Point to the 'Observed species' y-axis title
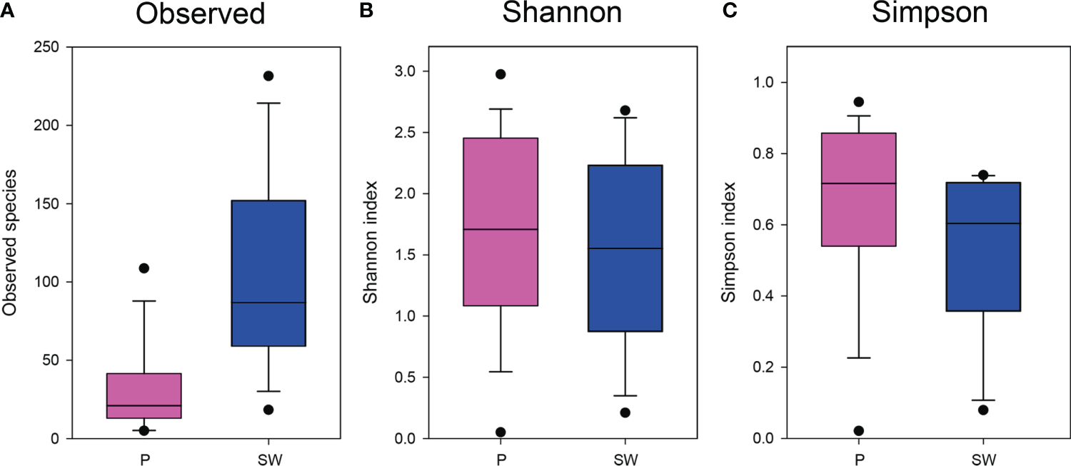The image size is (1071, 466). (10, 243)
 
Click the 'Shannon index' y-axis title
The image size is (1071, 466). (370, 243)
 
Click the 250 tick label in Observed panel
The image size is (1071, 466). (46, 48)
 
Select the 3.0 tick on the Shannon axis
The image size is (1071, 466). (408, 71)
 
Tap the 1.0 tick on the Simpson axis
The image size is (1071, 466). (766, 83)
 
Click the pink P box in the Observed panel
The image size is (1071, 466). (144, 395)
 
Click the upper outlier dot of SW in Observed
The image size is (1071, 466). (268, 76)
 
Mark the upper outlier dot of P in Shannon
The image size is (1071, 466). (501, 74)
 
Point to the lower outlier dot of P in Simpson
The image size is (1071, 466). (858, 430)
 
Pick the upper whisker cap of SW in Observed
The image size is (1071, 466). (268, 103)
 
